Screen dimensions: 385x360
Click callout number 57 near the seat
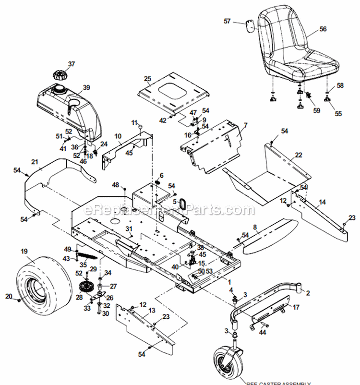tap(227, 21)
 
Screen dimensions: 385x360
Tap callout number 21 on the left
tap(34, 161)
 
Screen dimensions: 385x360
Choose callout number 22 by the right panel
tap(299, 155)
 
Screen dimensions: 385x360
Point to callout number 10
tap(118, 137)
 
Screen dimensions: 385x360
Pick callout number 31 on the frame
tap(128, 228)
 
